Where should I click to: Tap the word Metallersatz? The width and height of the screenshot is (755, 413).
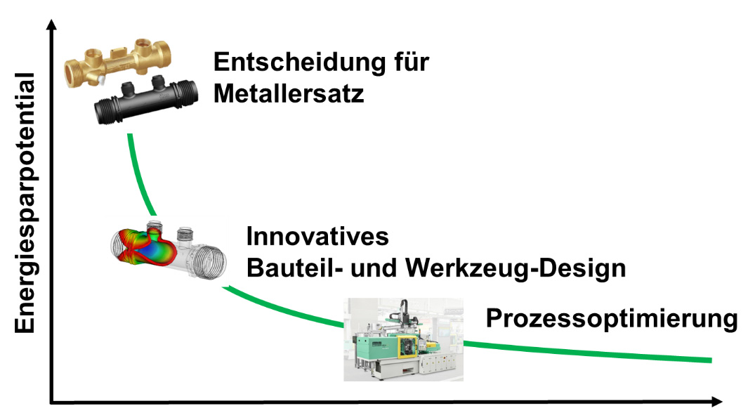pyautogui.click(x=289, y=93)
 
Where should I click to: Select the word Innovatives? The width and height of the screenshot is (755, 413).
pyautogui.click(x=317, y=237)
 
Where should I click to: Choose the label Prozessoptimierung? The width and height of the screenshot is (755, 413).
pyautogui.click(x=611, y=320)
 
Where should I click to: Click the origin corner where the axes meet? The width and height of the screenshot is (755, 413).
pyautogui.click(x=51, y=402)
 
